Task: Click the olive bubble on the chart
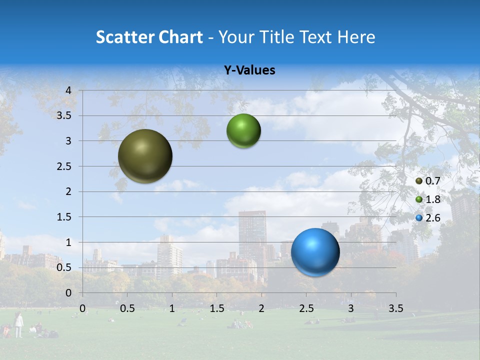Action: pyautogui.click(x=145, y=156)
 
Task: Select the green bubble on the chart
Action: pyautogui.click(x=243, y=131)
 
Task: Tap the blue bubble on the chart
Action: pyautogui.click(x=315, y=252)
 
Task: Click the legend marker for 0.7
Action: pyautogui.click(x=419, y=181)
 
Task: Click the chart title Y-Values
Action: pyautogui.click(x=249, y=70)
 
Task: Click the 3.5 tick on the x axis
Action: pyautogui.click(x=395, y=308)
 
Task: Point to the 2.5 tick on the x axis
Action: pyautogui.click(x=306, y=308)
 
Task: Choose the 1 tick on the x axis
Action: pyautogui.click(x=172, y=308)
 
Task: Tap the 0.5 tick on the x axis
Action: pyautogui.click(x=127, y=308)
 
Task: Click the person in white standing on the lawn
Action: pyautogui.click(x=18, y=324)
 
